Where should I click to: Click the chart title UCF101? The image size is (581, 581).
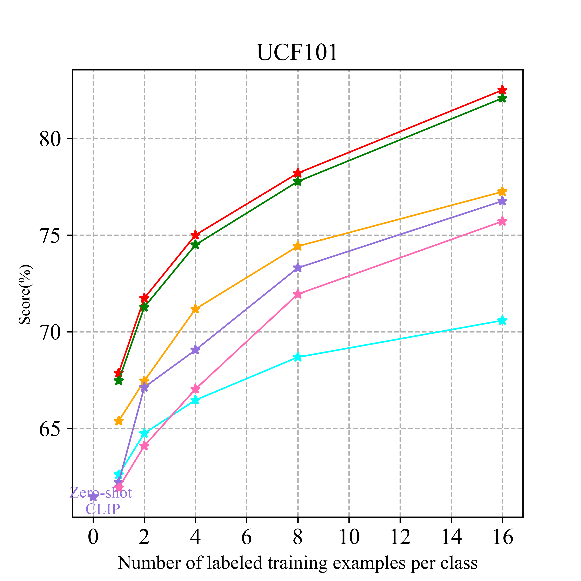coord(297,53)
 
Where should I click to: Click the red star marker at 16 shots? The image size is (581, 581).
coord(502,90)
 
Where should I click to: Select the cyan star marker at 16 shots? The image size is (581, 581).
coord(502,321)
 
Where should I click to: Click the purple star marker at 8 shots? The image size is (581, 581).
coord(298,268)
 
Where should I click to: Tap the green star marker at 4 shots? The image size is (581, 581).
coord(195,245)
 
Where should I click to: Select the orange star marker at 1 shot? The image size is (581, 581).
coord(119,421)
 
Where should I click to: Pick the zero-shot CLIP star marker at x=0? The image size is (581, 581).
coord(93,497)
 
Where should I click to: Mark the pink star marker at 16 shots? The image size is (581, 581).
coord(502,222)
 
